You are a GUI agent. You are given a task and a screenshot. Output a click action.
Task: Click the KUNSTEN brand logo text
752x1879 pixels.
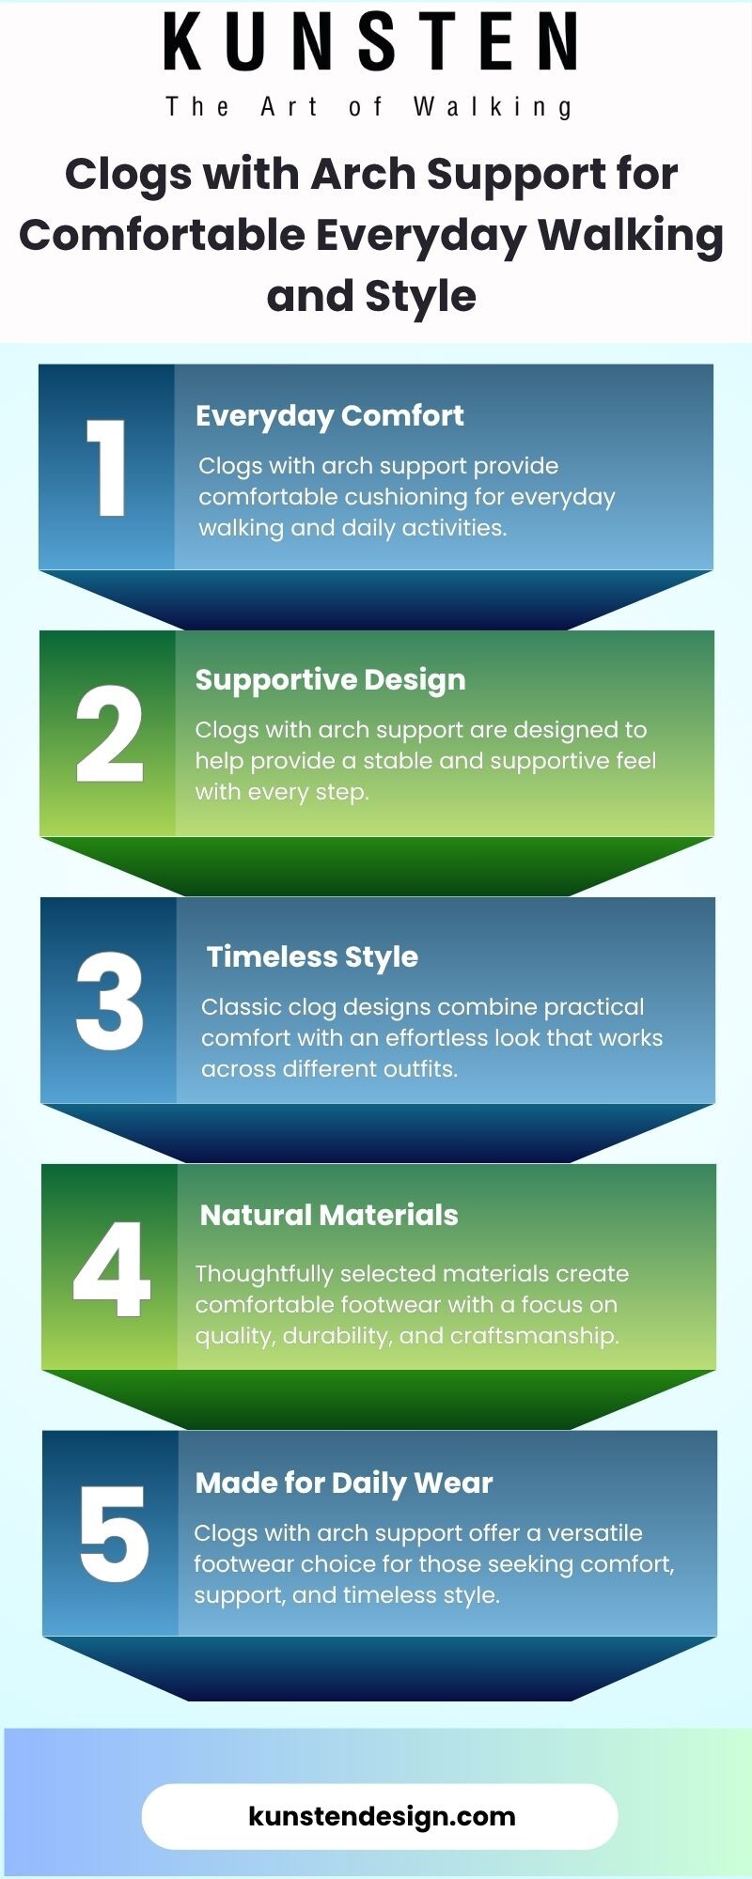[371, 42]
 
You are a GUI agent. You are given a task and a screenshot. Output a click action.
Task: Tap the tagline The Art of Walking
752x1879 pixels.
[369, 107]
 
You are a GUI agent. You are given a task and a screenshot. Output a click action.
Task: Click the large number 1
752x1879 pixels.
[105, 468]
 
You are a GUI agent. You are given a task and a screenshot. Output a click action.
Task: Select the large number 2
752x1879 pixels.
[109, 734]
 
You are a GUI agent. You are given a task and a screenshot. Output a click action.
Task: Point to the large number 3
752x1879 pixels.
[109, 1001]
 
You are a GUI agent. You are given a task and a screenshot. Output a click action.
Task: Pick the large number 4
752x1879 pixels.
[112, 1268]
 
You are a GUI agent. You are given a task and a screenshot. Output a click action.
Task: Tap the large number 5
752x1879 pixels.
[114, 1534]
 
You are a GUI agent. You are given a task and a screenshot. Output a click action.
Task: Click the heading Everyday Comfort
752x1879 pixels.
[329, 416]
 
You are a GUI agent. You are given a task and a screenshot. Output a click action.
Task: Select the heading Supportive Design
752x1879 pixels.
[330, 680]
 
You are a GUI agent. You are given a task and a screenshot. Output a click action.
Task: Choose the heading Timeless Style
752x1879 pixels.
[312, 957]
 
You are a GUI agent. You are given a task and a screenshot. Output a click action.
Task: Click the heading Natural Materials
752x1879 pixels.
[329, 1215]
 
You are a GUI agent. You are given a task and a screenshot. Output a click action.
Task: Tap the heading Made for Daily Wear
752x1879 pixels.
[344, 1483]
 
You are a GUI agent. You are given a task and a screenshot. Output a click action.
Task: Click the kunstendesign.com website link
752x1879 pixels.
[382, 1816]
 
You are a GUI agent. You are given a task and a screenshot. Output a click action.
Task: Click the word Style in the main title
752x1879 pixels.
[420, 297]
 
